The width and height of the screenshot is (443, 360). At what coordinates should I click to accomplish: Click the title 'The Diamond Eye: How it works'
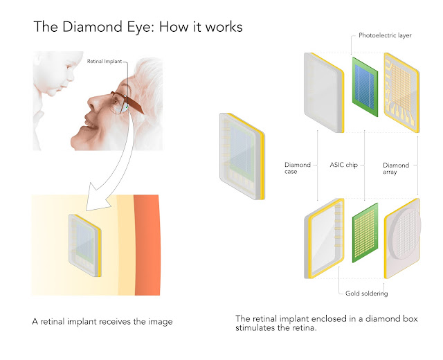coord(138,28)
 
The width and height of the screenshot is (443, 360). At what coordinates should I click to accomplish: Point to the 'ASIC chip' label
coord(345,165)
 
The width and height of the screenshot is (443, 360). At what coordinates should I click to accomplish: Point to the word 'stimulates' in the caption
coord(257,330)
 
